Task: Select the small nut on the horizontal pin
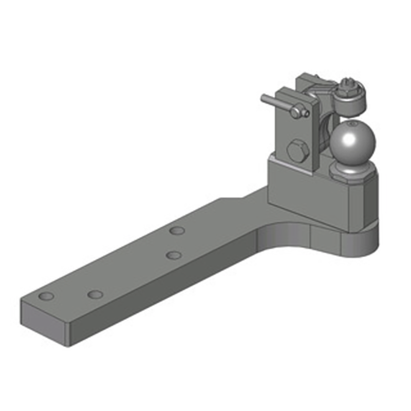295,110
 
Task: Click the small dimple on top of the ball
351,124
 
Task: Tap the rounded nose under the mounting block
362,241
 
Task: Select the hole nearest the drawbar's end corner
47,296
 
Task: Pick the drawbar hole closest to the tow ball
177,230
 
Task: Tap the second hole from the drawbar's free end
95,294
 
